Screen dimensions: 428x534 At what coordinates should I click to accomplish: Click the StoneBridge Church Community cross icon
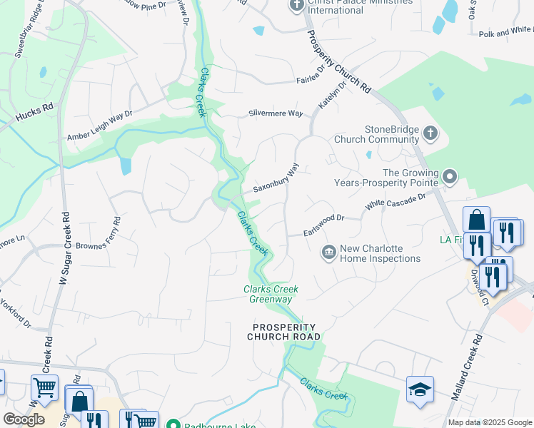(x=430, y=133)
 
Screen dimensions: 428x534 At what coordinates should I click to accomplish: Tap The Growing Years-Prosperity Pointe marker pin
(x=449, y=175)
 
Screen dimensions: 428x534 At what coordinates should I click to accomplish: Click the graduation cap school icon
(x=420, y=390)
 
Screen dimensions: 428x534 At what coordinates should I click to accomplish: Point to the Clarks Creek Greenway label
(x=271, y=294)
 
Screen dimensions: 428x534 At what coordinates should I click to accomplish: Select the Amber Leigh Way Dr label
(x=100, y=126)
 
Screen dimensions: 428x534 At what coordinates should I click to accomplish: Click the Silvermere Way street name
(x=276, y=113)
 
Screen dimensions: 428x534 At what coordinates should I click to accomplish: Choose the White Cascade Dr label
(x=395, y=200)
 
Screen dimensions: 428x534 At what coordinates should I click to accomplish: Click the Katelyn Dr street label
(x=332, y=94)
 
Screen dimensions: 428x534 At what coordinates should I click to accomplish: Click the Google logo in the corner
(x=24, y=419)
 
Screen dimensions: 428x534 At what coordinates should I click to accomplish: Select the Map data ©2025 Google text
(x=490, y=422)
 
